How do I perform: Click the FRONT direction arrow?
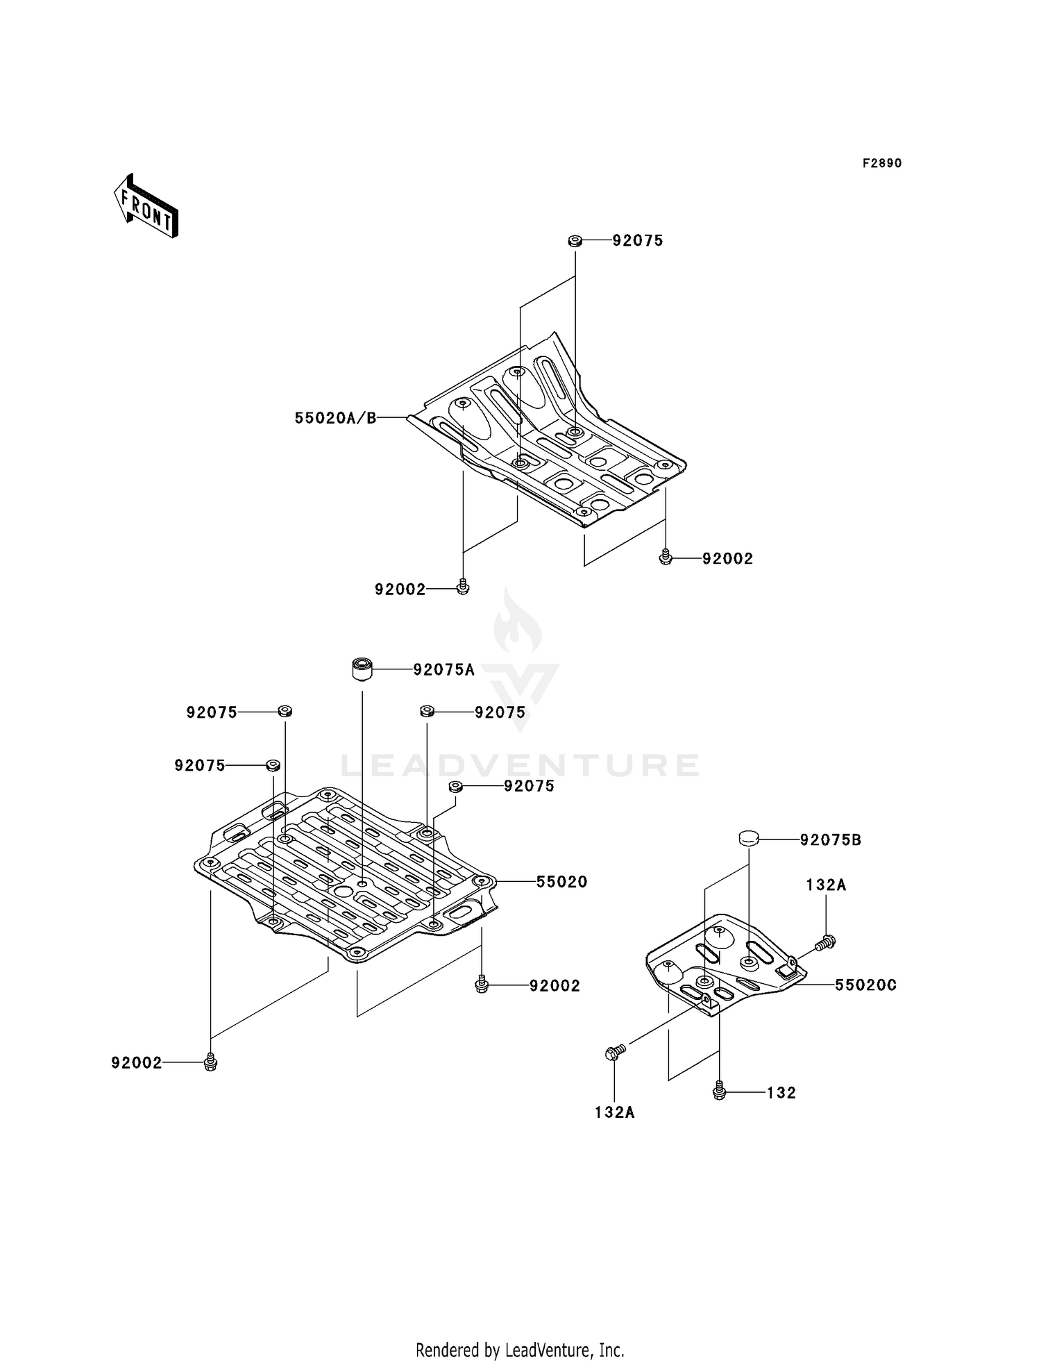(x=146, y=207)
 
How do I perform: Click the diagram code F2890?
(x=882, y=163)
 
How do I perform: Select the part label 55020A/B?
(x=335, y=418)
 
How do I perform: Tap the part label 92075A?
(x=443, y=669)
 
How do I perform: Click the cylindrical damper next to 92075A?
(x=361, y=669)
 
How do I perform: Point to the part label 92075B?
(x=831, y=839)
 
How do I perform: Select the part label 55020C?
(x=865, y=985)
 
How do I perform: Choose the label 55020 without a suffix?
(x=561, y=882)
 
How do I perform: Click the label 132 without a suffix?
(x=781, y=1093)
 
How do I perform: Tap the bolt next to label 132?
(x=720, y=1092)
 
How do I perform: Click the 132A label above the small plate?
(x=826, y=885)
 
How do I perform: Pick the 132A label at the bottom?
(x=614, y=1113)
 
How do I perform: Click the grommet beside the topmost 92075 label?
(x=575, y=241)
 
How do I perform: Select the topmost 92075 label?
(x=638, y=241)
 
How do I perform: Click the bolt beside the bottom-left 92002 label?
(x=211, y=1062)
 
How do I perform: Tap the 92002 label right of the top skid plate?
(x=727, y=559)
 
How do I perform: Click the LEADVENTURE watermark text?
(x=520, y=765)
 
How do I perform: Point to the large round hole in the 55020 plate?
(x=343, y=891)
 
